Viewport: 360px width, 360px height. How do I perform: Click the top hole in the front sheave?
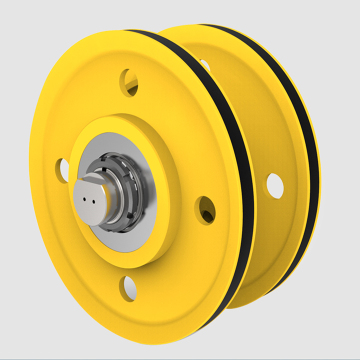(128, 78)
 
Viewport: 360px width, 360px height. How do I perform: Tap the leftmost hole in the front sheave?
(63, 167)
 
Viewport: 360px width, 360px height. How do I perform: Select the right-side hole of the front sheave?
(205, 209)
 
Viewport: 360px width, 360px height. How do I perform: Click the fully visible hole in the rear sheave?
(274, 184)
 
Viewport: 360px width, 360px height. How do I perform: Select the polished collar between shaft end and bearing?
(111, 186)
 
